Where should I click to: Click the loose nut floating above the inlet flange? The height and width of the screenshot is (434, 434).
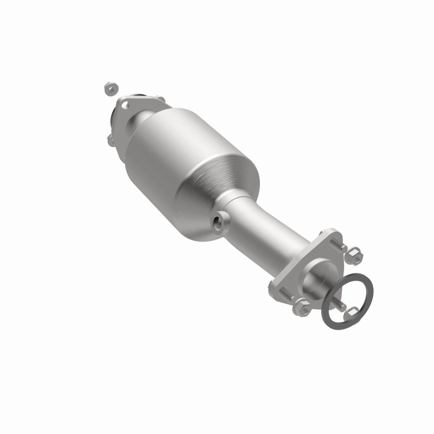108,87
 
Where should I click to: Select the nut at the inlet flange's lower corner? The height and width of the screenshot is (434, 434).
111,141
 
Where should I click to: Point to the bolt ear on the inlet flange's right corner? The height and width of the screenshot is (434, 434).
159,100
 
